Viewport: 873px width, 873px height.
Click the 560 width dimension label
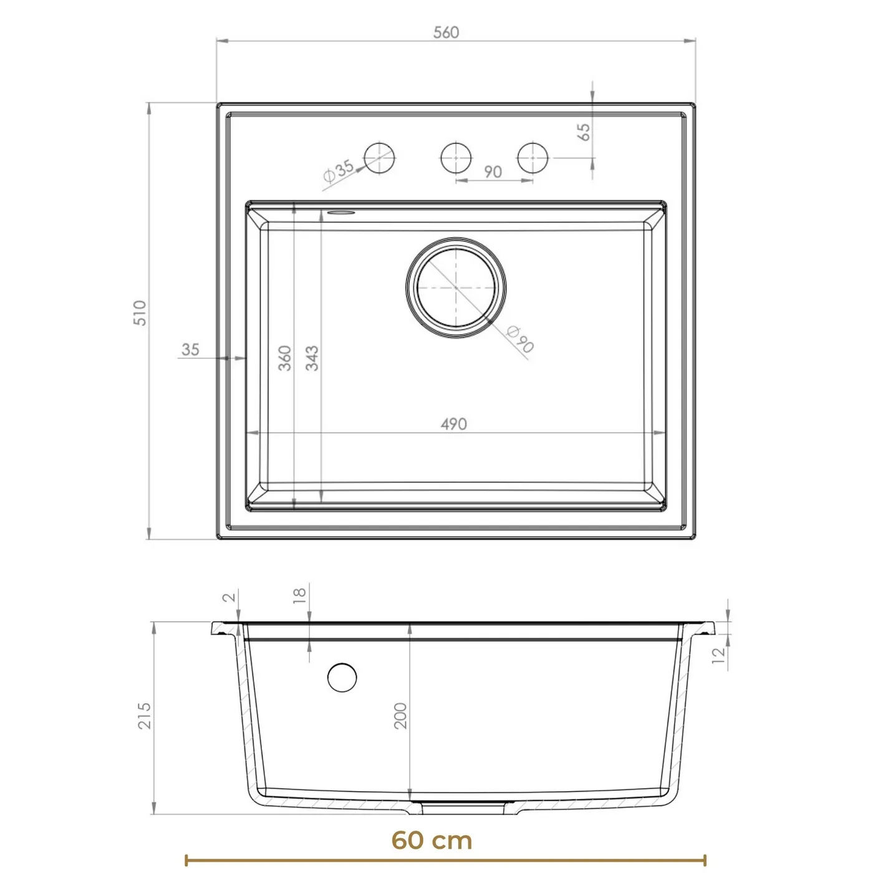(446, 32)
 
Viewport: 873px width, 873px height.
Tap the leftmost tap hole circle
(379, 158)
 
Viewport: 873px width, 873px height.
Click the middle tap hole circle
(456, 158)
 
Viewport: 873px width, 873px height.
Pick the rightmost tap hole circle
(533, 158)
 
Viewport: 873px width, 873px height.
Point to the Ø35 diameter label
(339, 170)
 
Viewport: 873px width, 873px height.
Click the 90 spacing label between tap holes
(493, 171)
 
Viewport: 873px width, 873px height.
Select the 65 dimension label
(584, 132)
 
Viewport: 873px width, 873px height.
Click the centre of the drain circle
(456, 287)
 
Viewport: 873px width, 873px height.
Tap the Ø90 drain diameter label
(519, 339)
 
